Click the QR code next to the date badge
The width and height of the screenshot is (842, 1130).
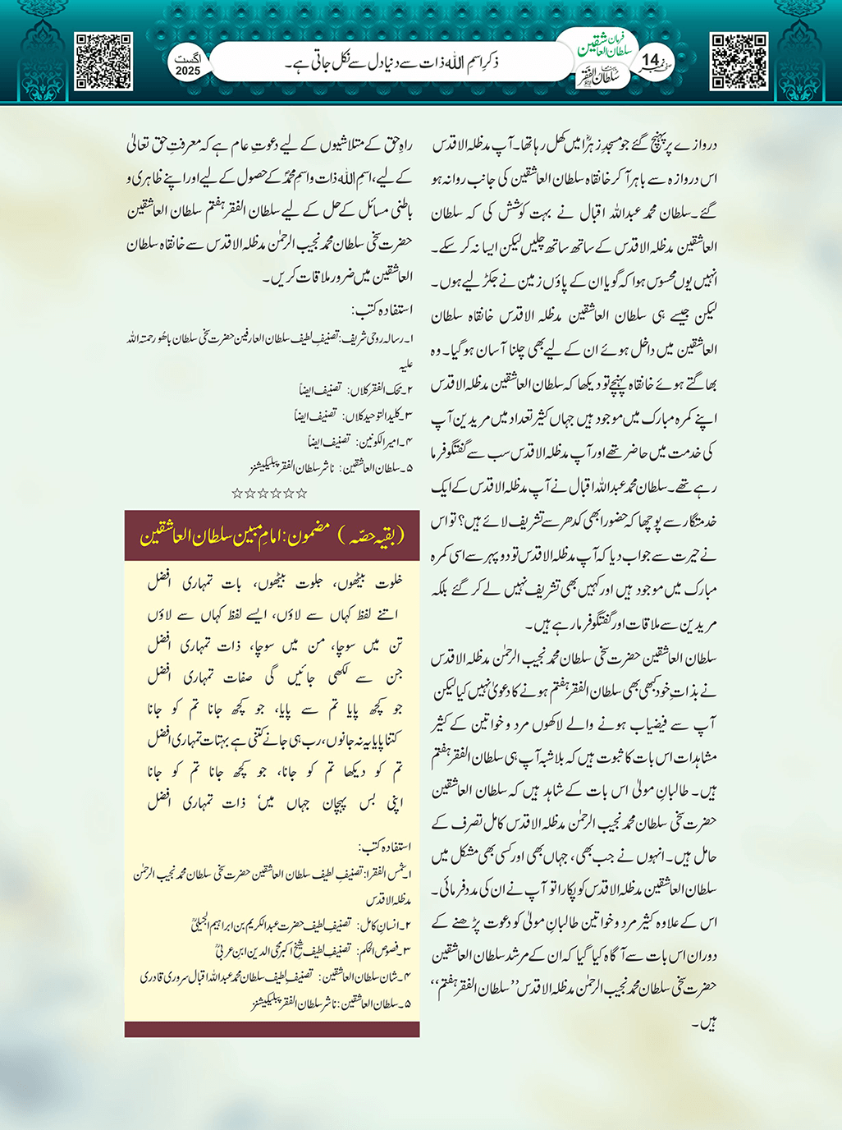[x=103, y=62]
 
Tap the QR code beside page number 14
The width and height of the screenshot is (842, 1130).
[x=739, y=62]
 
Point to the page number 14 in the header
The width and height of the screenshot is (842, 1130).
[x=651, y=61]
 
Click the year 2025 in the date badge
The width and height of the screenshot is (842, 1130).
[x=188, y=71]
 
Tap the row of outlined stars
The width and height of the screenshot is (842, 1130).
[x=269, y=493]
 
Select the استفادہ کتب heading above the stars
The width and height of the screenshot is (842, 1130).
[x=382, y=310]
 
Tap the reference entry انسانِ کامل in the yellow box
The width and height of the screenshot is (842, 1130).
[x=386, y=925]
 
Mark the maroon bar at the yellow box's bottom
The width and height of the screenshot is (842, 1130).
[x=272, y=1029]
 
